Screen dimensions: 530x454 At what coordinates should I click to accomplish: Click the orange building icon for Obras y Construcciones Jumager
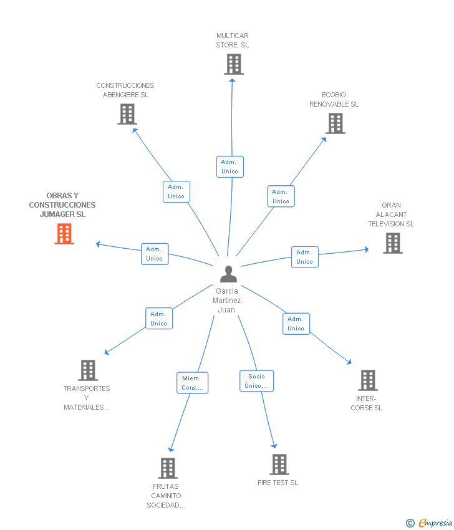click(64, 233)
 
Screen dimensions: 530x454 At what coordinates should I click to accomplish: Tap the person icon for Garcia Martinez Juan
click(229, 274)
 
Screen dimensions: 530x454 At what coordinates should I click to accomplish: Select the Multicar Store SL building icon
click(234, 64)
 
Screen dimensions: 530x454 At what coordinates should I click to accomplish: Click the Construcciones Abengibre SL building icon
click(127, 114)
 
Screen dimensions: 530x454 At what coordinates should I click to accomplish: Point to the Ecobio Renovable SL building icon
click(336, 123)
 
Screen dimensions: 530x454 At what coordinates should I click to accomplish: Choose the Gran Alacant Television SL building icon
click(392, 243)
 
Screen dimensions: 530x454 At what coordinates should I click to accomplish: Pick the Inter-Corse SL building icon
click(368, 380)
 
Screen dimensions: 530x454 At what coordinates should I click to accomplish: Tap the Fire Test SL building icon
click(279, 465)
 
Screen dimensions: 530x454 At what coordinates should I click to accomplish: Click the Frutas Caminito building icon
click(167, 468)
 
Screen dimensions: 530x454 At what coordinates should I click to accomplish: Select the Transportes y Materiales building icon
click(88, 370)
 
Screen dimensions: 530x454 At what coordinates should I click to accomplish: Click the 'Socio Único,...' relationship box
click(256, 381)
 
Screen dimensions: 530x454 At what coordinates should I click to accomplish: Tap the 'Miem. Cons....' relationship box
click(192, 383)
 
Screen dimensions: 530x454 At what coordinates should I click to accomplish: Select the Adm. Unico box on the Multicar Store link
click(229, 166)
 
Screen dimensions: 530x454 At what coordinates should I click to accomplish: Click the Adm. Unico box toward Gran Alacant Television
click(304, 257)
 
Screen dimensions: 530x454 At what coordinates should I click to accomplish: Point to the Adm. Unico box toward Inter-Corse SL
click(296, 324)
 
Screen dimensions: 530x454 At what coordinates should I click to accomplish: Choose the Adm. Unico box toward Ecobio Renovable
click(281, 196)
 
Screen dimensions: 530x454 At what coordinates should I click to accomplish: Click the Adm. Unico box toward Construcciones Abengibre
click(176, 191)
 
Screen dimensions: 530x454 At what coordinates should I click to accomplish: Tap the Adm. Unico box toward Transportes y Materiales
click(158, 319)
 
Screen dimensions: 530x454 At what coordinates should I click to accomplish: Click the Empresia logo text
click(435, 523)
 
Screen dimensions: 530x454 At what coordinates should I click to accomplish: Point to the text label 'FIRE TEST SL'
click(278, 483)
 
